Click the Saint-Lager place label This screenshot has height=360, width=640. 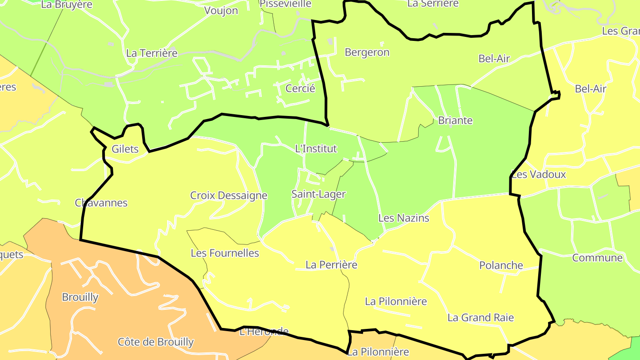318,194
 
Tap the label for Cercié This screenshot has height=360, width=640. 300,88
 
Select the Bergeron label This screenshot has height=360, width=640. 367,52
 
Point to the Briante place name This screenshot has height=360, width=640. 455,120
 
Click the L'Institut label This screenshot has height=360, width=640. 316,149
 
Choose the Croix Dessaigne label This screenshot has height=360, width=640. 228,196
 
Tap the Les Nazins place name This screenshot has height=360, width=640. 404,218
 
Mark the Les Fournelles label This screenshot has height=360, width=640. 224,253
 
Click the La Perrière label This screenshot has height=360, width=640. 331,265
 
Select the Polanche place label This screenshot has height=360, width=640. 501,265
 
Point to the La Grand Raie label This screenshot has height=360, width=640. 480,318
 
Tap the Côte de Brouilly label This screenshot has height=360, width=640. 156,342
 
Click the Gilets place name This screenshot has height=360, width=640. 125,149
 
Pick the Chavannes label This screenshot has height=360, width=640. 101,203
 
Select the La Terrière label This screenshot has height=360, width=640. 152,53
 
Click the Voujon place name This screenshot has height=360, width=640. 221,11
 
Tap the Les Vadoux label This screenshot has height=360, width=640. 539,174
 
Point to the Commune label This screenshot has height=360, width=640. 597,258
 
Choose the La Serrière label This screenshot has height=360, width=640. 432,4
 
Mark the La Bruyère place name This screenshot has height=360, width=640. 67,4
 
